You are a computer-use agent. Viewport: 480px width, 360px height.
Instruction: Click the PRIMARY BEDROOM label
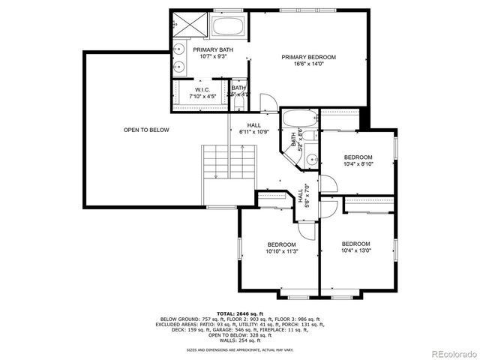point(308,57)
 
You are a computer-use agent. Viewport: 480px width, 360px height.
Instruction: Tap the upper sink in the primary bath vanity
point(180,51)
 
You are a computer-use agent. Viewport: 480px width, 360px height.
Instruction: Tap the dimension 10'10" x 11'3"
point(281,251)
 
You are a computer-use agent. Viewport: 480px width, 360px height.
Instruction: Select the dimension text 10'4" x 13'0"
point(355,250)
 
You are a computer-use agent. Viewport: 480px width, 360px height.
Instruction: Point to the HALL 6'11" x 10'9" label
point(253,128)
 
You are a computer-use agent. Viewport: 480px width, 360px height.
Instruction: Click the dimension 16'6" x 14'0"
point(308,64)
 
